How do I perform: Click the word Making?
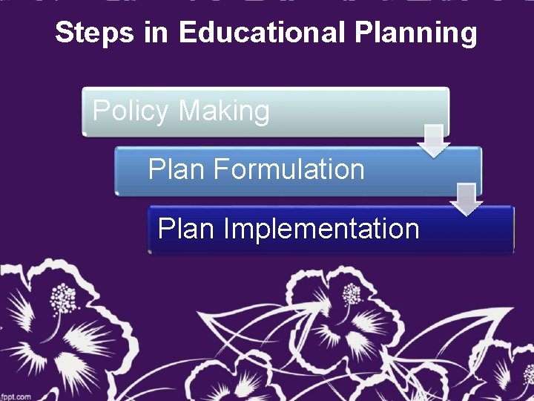click(224, 112)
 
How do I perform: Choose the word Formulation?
click(289, 170)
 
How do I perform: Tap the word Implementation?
click(321, 229)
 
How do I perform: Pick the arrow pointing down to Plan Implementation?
click(467, 198)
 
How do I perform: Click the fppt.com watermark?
click(16, 395)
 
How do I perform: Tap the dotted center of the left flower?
click(65, 299)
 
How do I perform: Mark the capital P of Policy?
click(100, 111)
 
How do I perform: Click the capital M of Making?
click(189, 111)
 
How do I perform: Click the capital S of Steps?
click(62, 33)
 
